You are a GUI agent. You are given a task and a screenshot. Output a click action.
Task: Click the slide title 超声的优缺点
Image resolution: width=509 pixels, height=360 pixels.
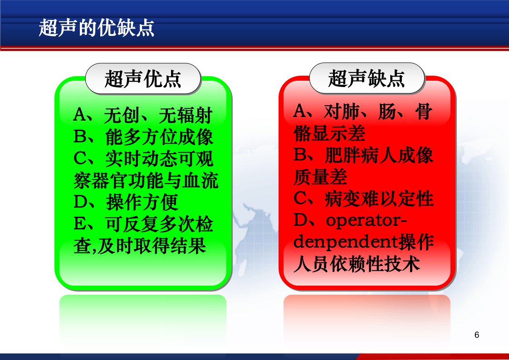(x=97, y=28)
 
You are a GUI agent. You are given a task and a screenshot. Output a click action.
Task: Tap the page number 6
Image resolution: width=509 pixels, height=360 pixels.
(x=476, y=335)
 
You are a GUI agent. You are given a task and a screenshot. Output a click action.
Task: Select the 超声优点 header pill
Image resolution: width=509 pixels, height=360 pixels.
(x=143, y=79)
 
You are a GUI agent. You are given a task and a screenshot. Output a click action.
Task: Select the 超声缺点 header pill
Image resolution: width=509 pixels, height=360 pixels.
(x=367, y=78)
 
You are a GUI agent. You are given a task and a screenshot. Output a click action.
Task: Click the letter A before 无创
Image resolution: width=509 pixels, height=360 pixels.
(x=79, y=115)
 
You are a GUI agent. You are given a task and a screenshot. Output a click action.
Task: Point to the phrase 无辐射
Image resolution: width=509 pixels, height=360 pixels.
(x=186, y=115)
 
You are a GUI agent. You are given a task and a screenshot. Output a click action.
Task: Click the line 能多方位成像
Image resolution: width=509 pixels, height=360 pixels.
(x=159, y=137)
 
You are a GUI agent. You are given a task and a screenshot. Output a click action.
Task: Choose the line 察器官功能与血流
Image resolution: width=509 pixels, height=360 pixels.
(x=146, y=180)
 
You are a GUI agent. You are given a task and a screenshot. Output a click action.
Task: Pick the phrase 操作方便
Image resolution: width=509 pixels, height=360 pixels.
(x=142, y=202)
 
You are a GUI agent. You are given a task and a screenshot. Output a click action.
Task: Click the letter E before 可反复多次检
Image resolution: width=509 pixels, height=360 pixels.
(x=79, y=224)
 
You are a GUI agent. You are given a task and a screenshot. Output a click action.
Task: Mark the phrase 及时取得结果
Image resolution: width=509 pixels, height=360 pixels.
(x=151, y=246)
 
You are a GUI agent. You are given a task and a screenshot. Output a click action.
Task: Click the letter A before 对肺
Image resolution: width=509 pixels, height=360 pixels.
(x=299, y=111)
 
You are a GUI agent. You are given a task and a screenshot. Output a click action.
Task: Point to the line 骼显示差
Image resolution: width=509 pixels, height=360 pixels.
(x=329, y=133)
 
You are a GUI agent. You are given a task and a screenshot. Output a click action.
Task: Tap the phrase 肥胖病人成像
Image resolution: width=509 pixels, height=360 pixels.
(x=379, y=156)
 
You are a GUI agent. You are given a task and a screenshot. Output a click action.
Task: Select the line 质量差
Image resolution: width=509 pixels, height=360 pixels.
(x=320, y=177)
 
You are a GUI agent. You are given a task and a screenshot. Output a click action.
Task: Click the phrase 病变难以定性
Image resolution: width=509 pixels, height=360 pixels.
(x=379, y=199)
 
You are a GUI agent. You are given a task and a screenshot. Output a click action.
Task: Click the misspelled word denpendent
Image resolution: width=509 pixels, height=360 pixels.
(x=346, y=242)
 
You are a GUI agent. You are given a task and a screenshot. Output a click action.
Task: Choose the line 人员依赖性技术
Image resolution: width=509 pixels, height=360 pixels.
(x=357, y=264)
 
